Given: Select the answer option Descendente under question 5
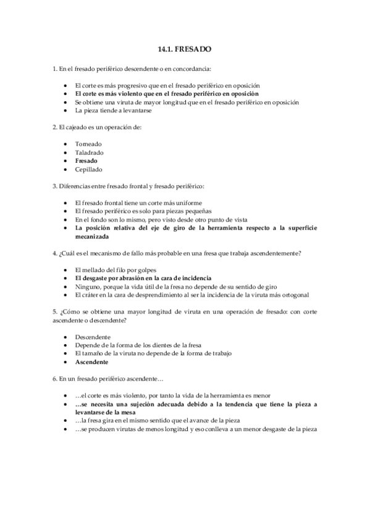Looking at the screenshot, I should point(93,337).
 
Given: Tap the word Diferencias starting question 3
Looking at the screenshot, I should point(73,186).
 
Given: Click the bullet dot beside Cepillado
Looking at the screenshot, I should point(65,169).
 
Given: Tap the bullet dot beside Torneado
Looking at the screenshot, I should point(65,143).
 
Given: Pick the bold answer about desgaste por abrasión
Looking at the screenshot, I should point(143,278).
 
